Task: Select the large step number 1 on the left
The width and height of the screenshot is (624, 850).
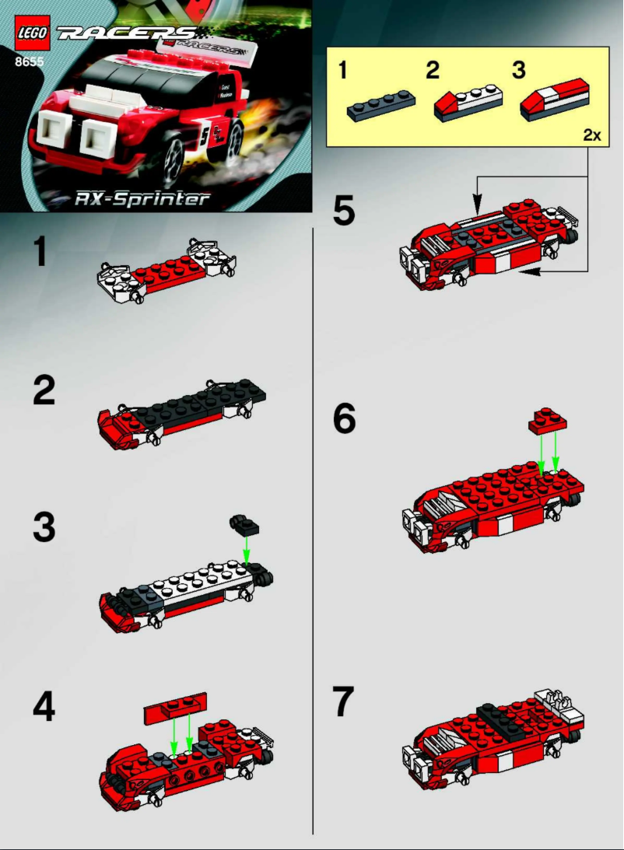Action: pos(46,254)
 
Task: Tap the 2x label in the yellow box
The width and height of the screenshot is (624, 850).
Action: pos(591,135)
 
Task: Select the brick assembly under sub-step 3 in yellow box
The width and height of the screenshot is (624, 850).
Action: pos(550,104)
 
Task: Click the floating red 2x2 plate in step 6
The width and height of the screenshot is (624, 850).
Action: pos(547,421)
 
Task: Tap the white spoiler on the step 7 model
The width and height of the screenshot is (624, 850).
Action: pos(560,705)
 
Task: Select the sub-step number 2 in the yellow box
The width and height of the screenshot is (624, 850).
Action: pos(433,70)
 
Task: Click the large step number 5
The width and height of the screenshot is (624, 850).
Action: pos(344,211)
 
